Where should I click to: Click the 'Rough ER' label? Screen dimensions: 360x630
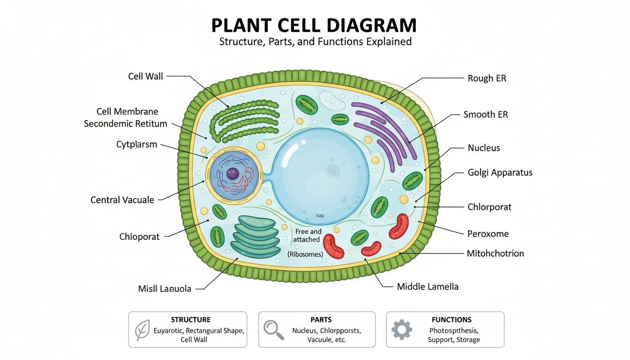(487, 78)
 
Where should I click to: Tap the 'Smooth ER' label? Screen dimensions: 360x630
(485, 114)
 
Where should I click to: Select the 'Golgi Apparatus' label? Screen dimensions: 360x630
(500, 172)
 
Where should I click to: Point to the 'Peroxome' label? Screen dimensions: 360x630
(487, 233)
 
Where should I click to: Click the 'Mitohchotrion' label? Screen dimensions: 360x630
(495, 254)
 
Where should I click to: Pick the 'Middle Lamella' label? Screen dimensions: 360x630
(427, 286)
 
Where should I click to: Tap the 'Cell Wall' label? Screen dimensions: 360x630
(145, 76)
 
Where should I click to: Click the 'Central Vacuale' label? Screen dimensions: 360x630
(122, 200)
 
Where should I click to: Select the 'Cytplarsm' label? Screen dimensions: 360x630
(136, 144)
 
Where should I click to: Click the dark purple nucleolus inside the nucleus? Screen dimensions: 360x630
(233, 174)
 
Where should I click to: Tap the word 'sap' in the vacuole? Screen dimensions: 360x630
(320, 216)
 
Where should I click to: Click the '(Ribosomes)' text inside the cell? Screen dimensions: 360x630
(306, 254)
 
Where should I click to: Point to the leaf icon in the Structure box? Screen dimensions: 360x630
(142, 330)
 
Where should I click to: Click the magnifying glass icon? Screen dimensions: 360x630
(273, 330)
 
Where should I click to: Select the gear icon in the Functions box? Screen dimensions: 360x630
(401, 330)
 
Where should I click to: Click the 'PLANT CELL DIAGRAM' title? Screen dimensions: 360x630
(314, 25)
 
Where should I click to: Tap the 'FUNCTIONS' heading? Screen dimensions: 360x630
(451, 320)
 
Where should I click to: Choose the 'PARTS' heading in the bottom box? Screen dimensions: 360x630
(321, 320)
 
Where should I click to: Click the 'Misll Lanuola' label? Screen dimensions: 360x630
(165, 289)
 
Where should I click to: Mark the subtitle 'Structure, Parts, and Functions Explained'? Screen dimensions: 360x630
(315, 42)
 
